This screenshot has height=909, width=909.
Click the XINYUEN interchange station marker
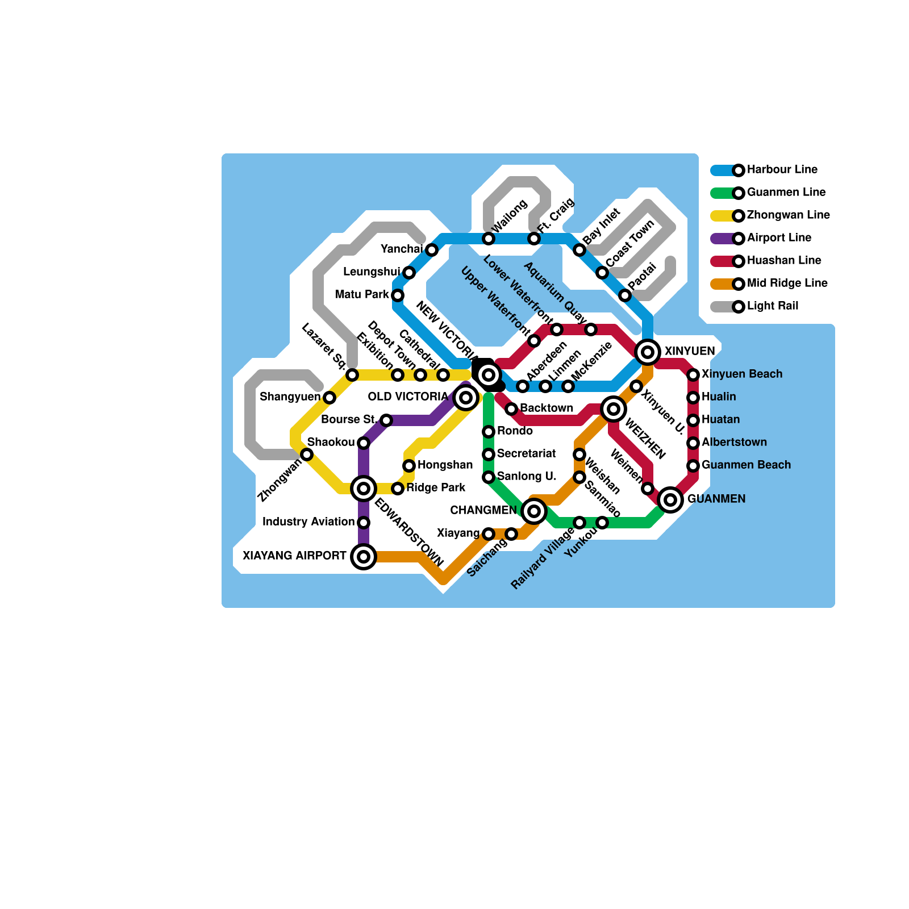coord(648,352)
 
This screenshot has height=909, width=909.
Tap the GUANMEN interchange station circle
coord(670,500)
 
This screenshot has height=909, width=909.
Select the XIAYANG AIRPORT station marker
coord(364,557)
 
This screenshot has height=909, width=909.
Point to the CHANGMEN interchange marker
coord(534,511)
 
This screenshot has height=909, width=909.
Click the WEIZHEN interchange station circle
coord(614,409)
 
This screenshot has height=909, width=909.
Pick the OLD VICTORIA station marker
coord(466,398)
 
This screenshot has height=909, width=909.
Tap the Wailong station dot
coord(489,239)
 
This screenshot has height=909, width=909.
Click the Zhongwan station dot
coord(307,454)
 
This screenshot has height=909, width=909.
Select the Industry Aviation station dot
coord(364,523)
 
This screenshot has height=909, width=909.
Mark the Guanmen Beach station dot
coord(693,466)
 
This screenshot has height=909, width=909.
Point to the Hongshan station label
coord(445,465)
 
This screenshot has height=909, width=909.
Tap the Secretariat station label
coord(526,453)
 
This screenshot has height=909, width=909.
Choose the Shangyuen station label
coord(290,397)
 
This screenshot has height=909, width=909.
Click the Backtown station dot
coord(511,409)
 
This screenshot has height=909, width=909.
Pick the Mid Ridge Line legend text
coord(787,283)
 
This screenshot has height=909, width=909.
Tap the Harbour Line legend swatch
coord(723,170)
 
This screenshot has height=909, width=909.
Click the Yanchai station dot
coord(432,250)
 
